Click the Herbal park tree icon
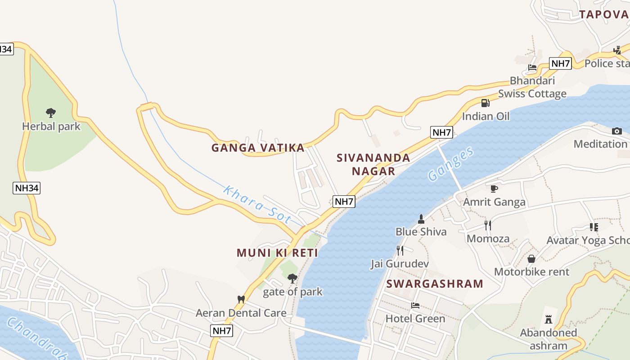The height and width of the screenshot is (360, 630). (51, 112)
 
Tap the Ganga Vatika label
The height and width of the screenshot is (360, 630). (258, 148)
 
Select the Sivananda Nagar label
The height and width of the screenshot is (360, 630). (373, 164)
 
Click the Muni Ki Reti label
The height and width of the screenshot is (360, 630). (277, 253)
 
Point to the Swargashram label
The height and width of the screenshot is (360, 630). (435, 284)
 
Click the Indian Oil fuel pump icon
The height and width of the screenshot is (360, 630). (485, 103)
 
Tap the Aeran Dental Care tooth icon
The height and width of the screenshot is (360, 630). (241, 299)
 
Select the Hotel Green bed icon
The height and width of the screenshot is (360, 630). (415, 306)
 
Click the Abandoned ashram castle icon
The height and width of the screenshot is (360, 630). (548, 319)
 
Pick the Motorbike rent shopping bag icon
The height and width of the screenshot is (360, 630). (531, 259)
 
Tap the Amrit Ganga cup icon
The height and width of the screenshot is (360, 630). (494, 189)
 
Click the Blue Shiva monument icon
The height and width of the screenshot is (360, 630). (421, 219)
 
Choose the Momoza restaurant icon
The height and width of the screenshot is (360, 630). (488, 225)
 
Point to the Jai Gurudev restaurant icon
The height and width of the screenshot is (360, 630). (400, 251)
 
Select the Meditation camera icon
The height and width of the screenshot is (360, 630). (616, 131)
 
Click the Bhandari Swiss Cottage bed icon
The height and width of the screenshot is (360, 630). (532, 67)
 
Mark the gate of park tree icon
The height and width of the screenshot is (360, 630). (292, 279)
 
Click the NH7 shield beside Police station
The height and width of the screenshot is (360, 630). (560, 63)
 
